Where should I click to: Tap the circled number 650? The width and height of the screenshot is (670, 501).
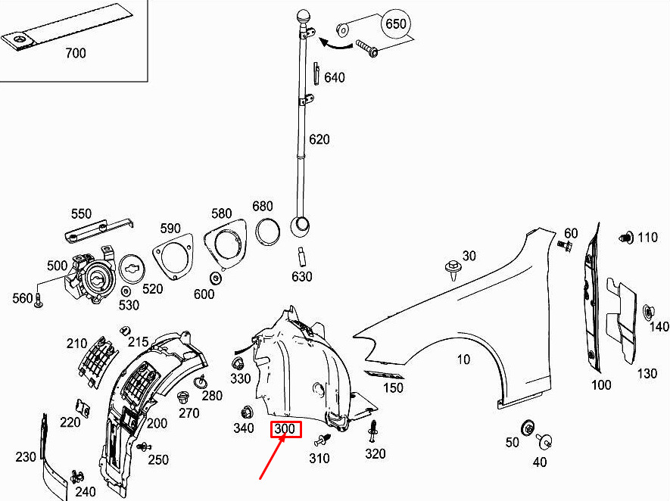click(x=396, y=23)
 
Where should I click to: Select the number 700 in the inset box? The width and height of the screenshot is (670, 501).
click(x=76, y=53)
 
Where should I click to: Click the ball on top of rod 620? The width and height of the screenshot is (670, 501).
click(x=304, y=18)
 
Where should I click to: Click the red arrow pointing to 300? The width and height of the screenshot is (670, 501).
click(x=273, y=456)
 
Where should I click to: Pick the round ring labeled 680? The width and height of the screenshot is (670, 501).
click(x=268, y=232)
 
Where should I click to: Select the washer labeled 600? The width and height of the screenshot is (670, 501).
click(x=216, y=278)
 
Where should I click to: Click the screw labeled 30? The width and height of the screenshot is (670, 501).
click(x=451, y=270)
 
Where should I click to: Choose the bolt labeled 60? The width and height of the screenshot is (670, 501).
click(x=565, y=246)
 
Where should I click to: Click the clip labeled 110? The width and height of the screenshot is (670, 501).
click(x=626, y=238)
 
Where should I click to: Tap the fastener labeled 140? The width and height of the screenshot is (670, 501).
click(x=648, y=313)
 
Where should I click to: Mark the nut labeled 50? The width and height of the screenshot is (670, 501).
click(x=528, y=428)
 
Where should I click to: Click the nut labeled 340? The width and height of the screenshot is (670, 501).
click(x=248, y=413)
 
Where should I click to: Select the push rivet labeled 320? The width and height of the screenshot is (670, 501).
click(x=373, y=432)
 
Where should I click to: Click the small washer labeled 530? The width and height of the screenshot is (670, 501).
click(x=126, y=291)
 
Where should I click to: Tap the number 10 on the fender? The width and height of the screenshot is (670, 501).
click(x=463, y=359)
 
